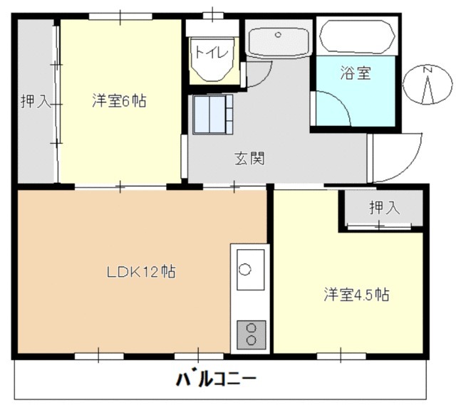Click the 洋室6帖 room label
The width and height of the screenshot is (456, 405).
(x=119, y=101)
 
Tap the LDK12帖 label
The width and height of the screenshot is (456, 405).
(x=142, y=271)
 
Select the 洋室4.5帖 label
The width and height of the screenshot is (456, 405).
(x=356, y=294)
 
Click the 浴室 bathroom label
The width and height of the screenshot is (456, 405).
(x=356, y=73)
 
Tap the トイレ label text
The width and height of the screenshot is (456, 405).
(x=212, y=51)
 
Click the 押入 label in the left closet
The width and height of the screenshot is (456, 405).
(x=35, y=101)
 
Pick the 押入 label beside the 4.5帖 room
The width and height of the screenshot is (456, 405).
(x=385, y=208)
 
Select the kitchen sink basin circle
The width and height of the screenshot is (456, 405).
(x=246, y=270)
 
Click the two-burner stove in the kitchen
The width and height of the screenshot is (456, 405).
(x=251, y=333)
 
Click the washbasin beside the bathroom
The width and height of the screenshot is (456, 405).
(x=278, y=40)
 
